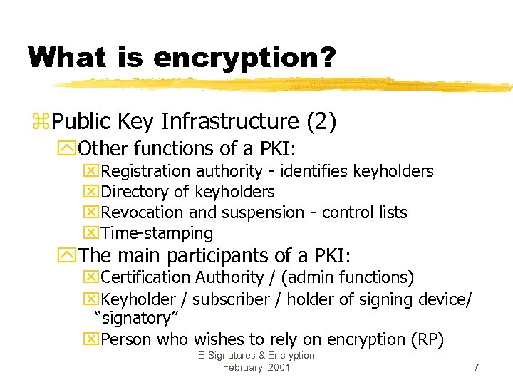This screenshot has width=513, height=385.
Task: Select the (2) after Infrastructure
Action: (321, 122)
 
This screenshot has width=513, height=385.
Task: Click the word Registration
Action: (146, 171)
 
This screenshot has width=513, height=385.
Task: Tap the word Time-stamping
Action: (157, 233)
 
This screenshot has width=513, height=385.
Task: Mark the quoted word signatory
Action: (132, 318)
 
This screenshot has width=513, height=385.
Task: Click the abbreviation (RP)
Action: (428, 339)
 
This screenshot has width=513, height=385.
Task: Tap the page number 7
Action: (476, 367)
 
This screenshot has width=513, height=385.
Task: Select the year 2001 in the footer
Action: (279, 367)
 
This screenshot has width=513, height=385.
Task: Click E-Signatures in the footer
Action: (229, 356)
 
